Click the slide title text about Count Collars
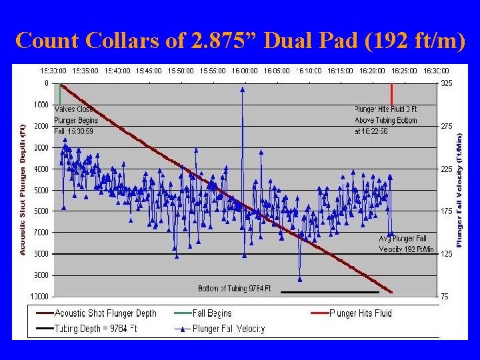point(240,41)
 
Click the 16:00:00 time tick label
point(245,70)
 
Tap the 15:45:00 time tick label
point(149,70)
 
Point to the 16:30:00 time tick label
point(436,70)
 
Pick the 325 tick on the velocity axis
point(445,83)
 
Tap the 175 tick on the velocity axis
point(445,211)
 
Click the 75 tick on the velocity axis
point(444,297)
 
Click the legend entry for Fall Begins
point(212,313)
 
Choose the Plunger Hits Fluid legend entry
point(361,313)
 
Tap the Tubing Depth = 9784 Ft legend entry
point(96,328)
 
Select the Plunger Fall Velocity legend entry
point(228,328)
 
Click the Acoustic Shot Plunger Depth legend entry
point(105,313)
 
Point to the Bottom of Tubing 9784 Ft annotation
point(235,288)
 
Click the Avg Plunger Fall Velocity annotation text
point(406,243)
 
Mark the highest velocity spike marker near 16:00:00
point(243,89)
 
